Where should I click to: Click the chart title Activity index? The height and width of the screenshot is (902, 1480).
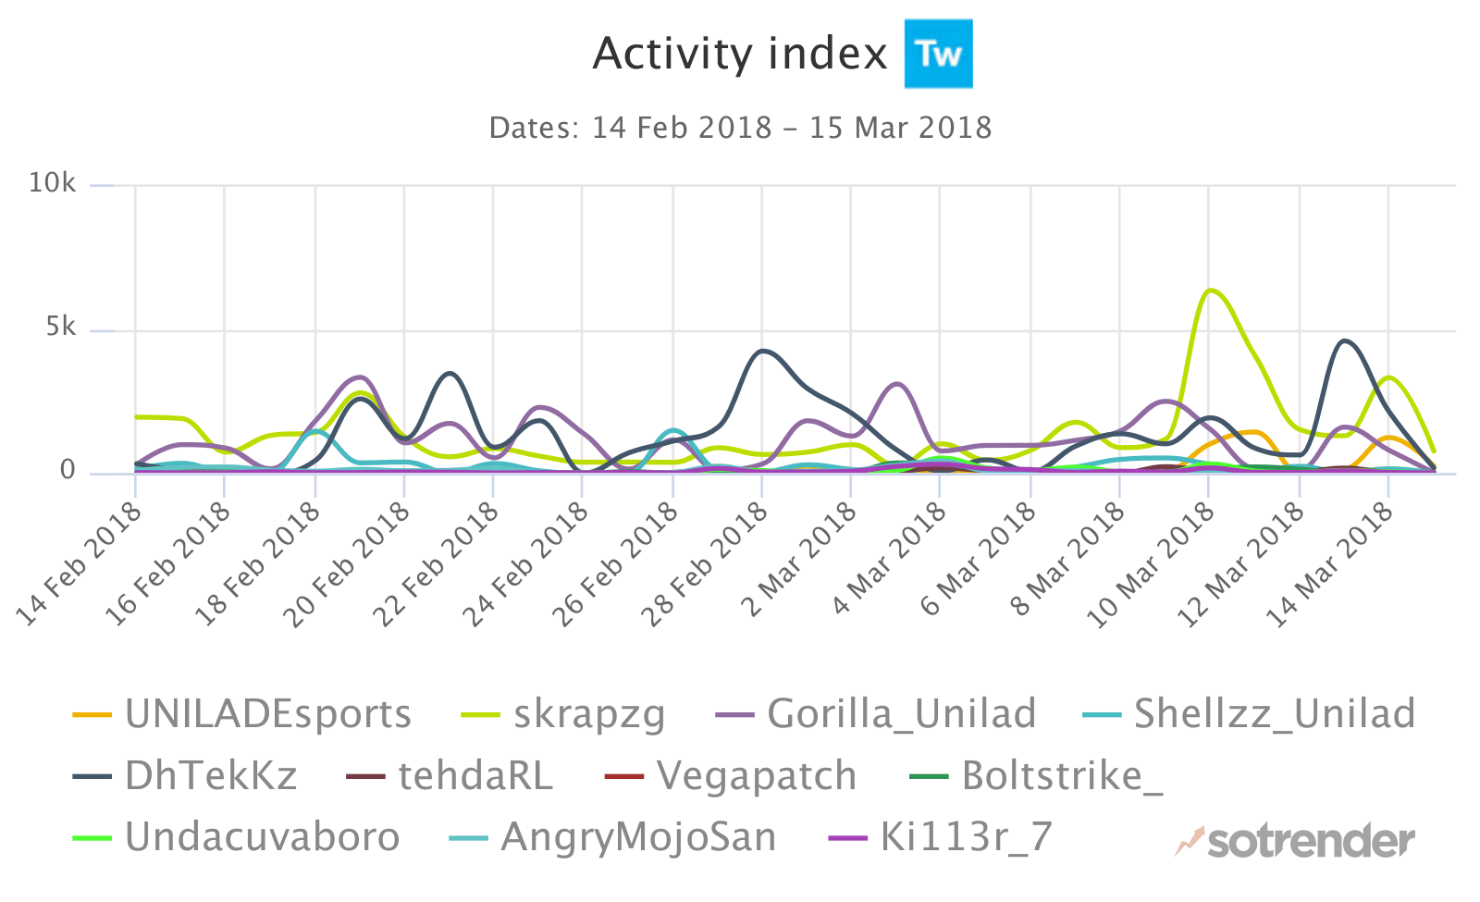(x=739, y=55)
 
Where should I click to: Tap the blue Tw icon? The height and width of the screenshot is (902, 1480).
(x=938, y=54)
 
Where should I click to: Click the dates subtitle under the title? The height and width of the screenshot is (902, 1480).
(x=740, y=128)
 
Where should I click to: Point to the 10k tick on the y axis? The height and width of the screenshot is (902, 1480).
(x=52, y=183)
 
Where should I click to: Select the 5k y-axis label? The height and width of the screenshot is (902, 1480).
(x=61, y=327)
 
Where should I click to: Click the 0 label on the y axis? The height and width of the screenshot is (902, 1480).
(x=68, y=471)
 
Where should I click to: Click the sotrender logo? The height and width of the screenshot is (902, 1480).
(x=1295, y=841)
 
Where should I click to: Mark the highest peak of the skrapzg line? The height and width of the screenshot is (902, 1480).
(x=1210, y=290)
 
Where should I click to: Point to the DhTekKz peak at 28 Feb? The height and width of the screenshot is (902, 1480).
(x=762, y=351)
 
